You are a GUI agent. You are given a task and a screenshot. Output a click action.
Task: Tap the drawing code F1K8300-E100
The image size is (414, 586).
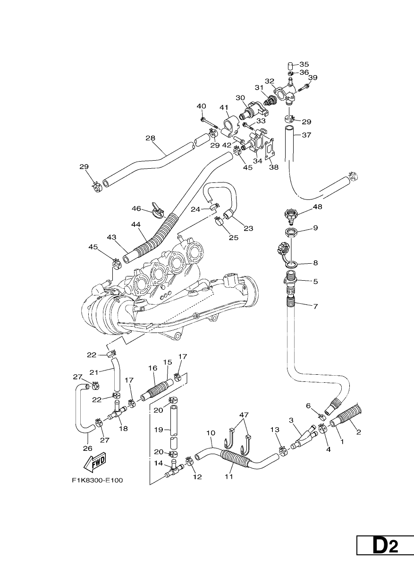(98, 481)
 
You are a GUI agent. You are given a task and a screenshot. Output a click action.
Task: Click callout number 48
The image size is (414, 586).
(318, 207)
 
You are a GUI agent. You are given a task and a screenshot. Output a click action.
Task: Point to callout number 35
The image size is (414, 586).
(304, 64)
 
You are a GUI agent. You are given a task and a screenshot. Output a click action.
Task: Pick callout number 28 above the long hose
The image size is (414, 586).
(150, 138)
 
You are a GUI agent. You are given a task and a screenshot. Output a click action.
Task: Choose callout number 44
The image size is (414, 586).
(136, 224)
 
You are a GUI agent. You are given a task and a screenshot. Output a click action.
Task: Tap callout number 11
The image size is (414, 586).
(229, 477)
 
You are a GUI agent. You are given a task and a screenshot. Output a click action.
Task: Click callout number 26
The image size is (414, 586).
(88, 448)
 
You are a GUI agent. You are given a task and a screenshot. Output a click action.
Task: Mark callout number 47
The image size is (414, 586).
(244, 415)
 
